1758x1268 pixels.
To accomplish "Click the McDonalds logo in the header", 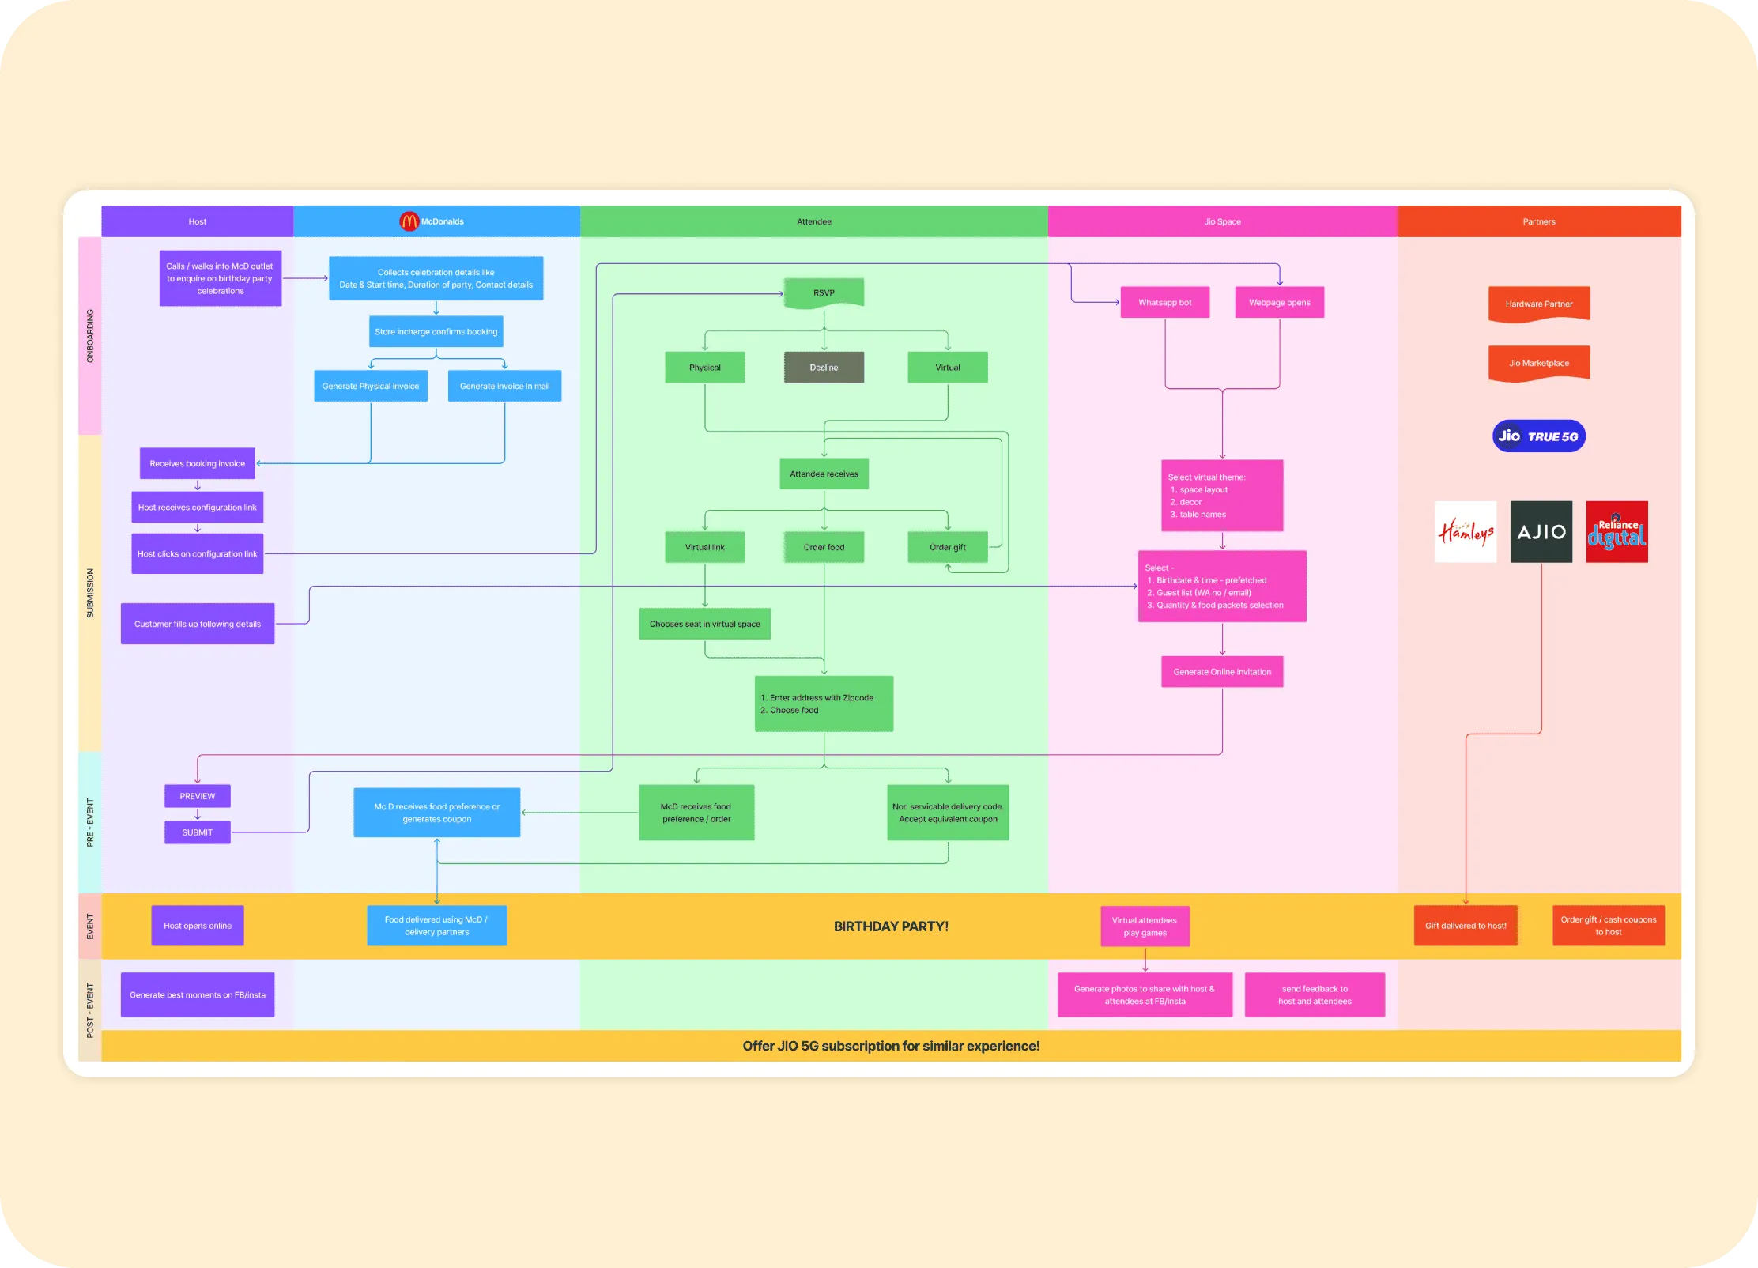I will point(409,222).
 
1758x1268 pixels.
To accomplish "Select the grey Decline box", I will point(824,368).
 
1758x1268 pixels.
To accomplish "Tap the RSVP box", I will point(824,293).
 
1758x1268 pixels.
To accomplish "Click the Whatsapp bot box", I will point(1164,303).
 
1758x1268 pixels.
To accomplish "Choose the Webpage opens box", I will point(1279,303).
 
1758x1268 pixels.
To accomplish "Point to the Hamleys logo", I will point(1466,532).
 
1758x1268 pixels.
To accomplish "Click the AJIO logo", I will point(1541,532).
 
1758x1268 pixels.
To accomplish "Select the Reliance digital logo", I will point(1617,532).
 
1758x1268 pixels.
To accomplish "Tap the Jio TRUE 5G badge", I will point(1538,436).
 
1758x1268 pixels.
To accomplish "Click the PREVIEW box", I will point(198,796).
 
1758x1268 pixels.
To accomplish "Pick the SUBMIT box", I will point(198,832).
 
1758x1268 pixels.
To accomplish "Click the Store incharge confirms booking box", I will point(436,332).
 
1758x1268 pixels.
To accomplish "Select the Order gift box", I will point(947,547).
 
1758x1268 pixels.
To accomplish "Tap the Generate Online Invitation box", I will point(1222,672).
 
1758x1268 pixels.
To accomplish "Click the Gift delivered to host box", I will point(1466,926).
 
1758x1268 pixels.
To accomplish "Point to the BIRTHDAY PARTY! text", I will point(891,926).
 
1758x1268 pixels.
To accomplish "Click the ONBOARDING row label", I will point(90,336).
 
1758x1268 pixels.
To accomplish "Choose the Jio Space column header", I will point(1222,222).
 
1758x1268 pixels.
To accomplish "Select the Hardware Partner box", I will point(1538,304).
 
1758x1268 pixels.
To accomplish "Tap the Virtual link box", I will point(704,547).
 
